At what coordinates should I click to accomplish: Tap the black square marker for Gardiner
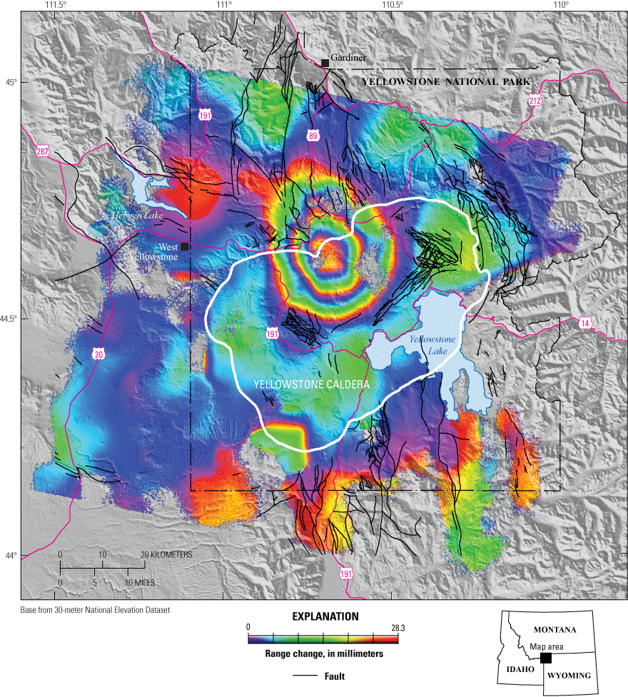(325, 63)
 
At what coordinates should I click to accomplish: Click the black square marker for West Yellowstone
(184, 247)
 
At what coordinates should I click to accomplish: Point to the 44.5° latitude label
(9, 319)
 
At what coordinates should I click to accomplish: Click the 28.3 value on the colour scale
(390, 626)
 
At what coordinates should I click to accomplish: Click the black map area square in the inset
(546, 658)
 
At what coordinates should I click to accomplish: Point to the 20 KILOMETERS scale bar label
(166, 555)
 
